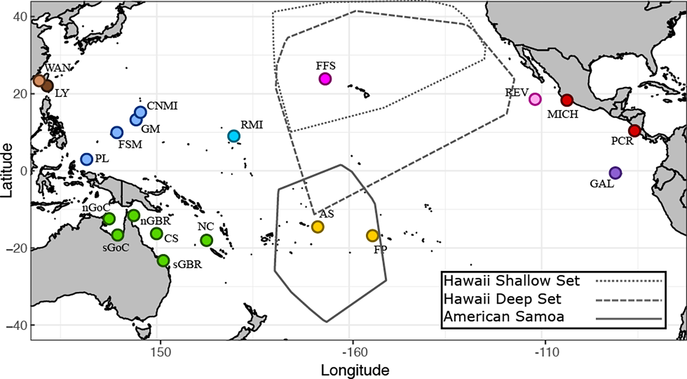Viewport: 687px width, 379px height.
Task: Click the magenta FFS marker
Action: (325, 79)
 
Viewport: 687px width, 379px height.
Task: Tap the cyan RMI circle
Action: (234, 136)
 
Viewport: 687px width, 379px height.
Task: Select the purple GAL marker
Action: (615, 173)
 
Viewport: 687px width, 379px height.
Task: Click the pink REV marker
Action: (535, 99)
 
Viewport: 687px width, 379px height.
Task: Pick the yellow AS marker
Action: (317, 227)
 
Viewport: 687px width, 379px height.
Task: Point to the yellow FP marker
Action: (372, 236)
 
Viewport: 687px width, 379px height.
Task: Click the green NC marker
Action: (206, 240)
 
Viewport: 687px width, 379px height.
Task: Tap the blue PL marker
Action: (87, 159)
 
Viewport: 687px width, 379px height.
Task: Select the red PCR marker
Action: (634, 130)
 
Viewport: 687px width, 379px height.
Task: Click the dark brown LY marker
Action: (47, 86)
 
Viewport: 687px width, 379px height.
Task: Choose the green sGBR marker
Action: (163, 260)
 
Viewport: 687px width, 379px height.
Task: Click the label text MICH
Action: (562, 114)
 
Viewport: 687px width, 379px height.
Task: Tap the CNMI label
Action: (162, 106)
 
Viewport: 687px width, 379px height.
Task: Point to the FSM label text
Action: (130, 145)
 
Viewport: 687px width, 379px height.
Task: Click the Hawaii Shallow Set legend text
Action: (512, 281)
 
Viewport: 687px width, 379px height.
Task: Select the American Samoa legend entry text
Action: (504, 317)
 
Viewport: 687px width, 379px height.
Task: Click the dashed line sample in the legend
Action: (629, 300)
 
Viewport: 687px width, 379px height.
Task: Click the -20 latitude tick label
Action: (16, 248)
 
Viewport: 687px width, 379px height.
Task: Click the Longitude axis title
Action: (355, 370)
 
